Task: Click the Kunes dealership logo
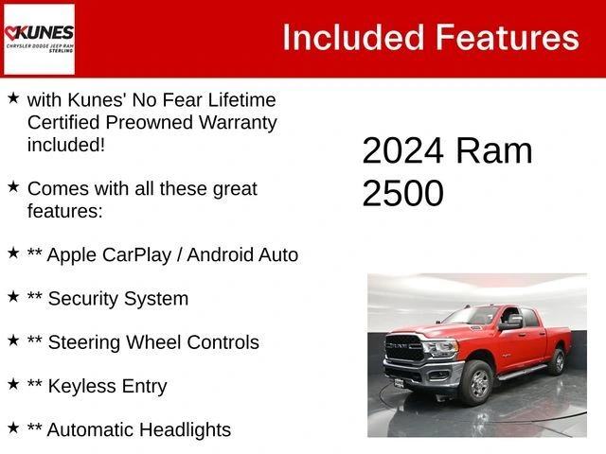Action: pos(39,39)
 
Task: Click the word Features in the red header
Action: pos(508,38)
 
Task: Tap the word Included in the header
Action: pos(353,38)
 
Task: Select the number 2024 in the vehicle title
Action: pos(402,150)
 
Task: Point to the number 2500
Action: pos(402,193)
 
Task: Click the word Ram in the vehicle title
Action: pos(494,150)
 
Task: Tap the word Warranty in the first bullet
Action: pos(238,123)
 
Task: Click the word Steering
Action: pos(84,343)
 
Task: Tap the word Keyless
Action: pos(80,387)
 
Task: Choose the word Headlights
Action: pos(186,429)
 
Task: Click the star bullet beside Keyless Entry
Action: pos(13,384)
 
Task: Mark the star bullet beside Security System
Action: pos(13,296)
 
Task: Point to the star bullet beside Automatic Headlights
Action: pos(13,428)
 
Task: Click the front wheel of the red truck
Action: pos(477,382)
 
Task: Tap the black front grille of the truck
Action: pos(404,347)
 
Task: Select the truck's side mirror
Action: pos(512,323)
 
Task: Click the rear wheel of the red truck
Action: pos(558,361)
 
